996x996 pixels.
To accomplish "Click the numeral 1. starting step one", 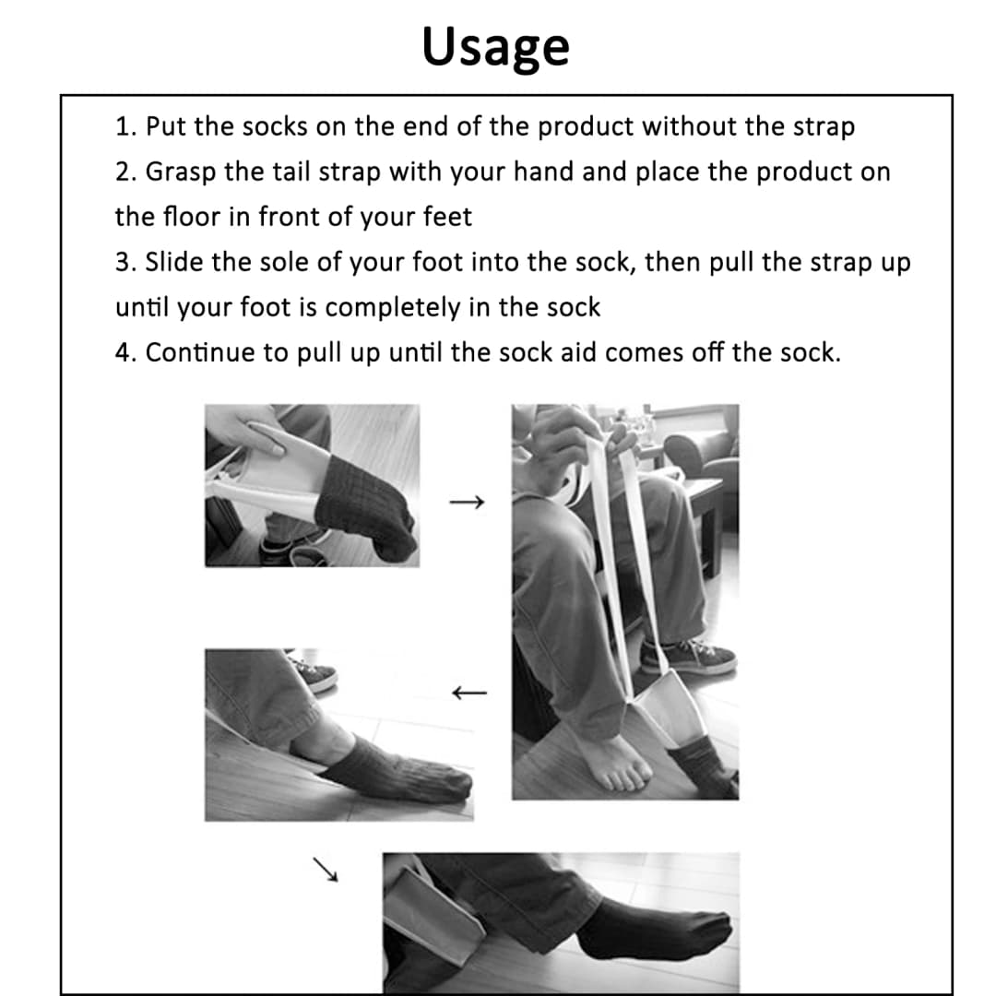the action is click(125, 126).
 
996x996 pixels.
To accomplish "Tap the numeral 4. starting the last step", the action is click(125, 352).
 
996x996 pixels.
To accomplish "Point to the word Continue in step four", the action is click(200, 352).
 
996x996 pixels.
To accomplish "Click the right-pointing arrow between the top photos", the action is click(467, 503).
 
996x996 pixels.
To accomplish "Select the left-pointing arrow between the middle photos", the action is click(469, 693).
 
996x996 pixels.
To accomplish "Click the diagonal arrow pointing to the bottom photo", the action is click(326, 869).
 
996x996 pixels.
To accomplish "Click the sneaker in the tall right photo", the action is click(689, 658).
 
